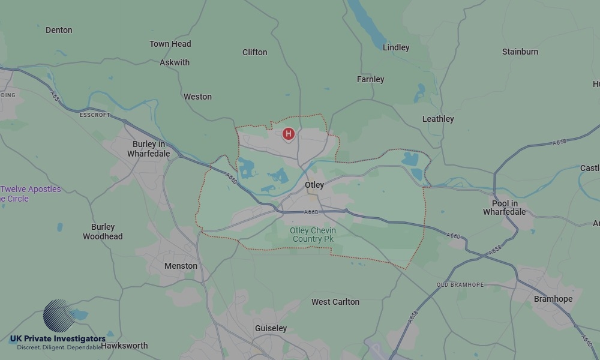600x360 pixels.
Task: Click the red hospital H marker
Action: [288, 134]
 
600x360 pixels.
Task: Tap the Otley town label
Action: [314, 185]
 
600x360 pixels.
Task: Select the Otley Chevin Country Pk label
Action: [313, 235]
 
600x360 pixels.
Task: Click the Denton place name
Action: [59, 30]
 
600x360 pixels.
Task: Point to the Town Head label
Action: [170, 44]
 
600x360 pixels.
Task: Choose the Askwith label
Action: [175, 62]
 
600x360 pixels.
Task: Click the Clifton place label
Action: [255, 52]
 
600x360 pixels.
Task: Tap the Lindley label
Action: [396, 47]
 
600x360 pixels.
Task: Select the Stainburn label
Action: [520, 52]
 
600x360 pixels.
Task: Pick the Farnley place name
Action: [370, 79]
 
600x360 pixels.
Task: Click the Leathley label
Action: [438, 119]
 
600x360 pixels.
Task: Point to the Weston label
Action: [197, 97]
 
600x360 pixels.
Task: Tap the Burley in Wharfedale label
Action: [149, 149]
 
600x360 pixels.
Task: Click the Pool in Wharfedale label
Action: [505, 208]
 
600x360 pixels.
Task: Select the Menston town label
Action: [181, 266]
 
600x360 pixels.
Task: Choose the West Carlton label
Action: [335, 302]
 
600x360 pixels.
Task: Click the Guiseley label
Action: [271, 328]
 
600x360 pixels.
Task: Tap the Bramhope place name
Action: [553, 299]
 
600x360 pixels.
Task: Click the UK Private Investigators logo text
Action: [58, 339]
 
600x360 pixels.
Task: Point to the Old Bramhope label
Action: [460, 284]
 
